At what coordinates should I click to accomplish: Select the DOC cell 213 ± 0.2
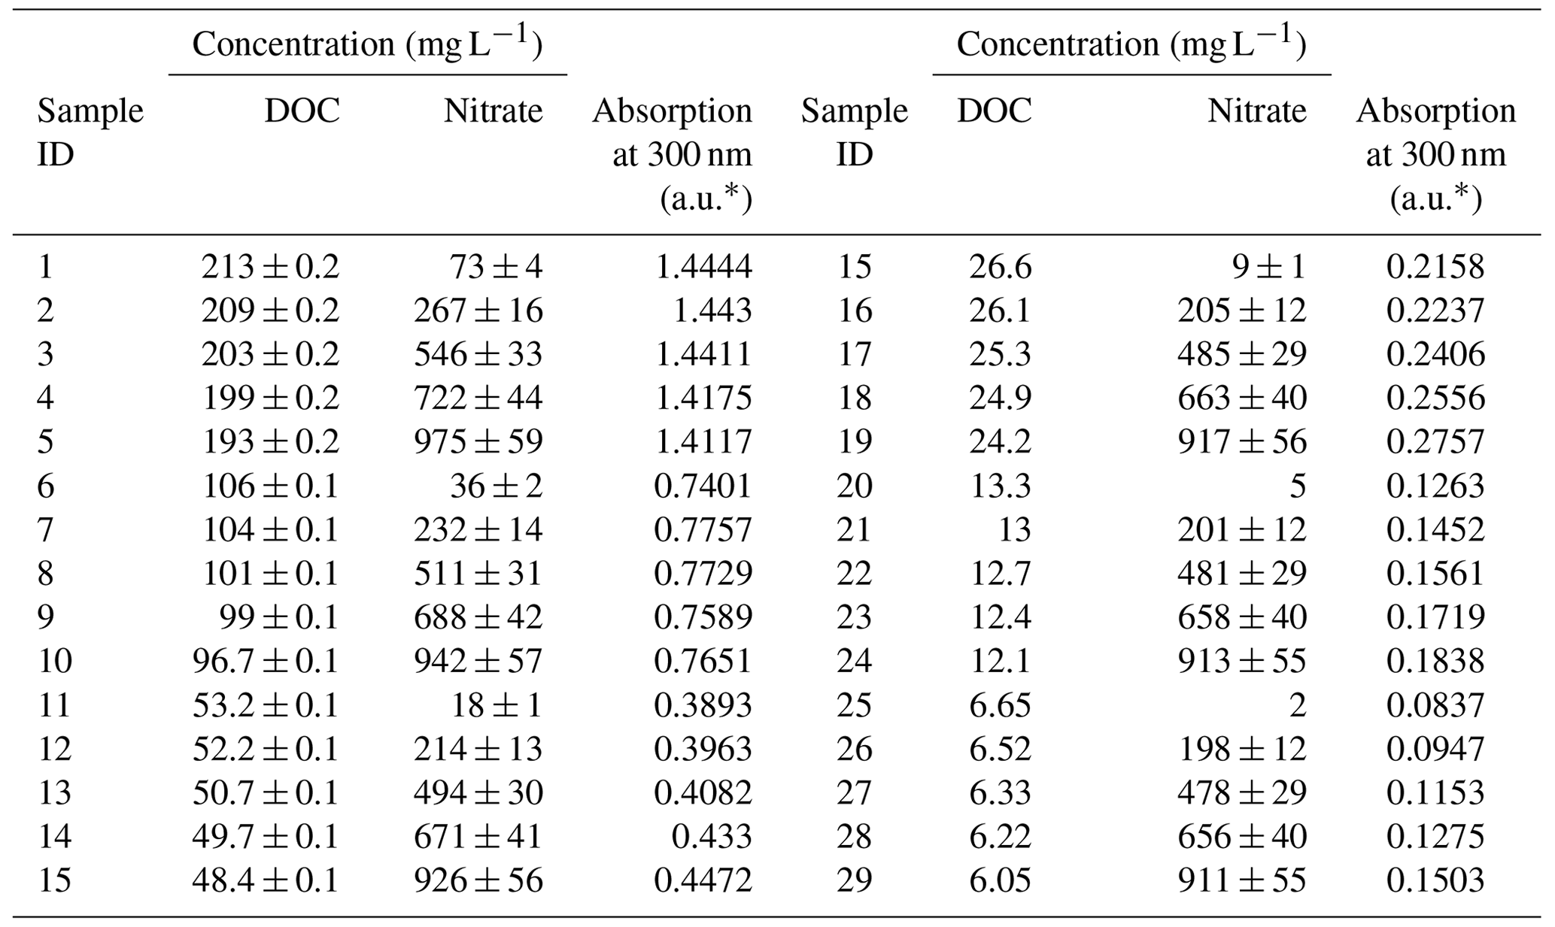click(269, 266)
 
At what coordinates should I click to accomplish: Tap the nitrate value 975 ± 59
click(478, 441)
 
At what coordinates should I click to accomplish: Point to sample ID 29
click(854, 880)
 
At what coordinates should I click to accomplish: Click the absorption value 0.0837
click(1435, 705)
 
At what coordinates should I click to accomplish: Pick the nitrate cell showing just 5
click(1297, 486)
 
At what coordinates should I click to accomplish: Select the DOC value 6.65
click(1000, 705)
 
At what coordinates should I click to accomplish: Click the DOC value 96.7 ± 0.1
click(265, 661)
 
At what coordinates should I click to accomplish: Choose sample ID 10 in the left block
click(55, 661)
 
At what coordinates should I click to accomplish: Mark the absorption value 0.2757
click(1435, 441)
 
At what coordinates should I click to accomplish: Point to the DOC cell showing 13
click(1014, 529)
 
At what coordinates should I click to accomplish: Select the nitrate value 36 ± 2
click(496, 486)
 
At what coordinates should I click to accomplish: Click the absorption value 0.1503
click(1435, 880)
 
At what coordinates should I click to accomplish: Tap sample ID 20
click(854, 486)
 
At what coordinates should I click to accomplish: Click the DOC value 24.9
click(1000, 398)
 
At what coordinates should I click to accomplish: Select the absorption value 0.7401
click(703, 486)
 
